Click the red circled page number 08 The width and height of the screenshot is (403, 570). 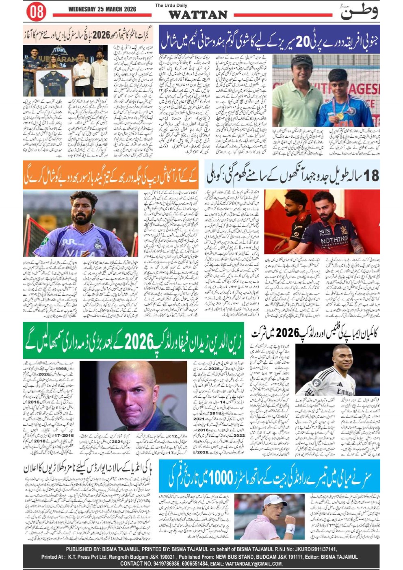click(36, 11)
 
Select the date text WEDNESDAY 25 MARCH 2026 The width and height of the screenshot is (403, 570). click(102, 9)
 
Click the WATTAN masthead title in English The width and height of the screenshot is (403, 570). click(197, 15)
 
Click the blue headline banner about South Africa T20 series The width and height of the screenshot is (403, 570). click(269, 39)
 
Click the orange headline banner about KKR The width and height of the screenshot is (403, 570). click(110, 175)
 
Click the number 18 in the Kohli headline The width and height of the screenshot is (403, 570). click(370, 176)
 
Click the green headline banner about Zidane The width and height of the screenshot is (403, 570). click(133, 340)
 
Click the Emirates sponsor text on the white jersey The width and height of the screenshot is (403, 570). click(344, 392)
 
